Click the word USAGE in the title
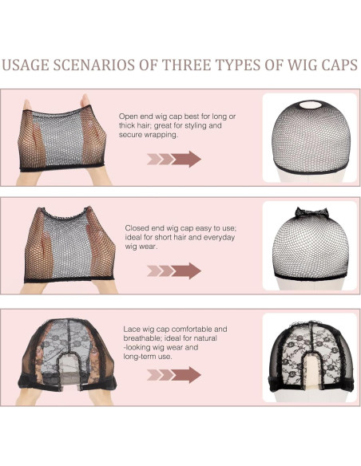click(26, 65)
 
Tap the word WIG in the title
click(303, 65)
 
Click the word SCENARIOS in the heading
click(94, 65)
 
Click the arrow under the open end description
click(174, 160)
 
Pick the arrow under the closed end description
click(174, 271)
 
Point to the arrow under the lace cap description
click(174, 375)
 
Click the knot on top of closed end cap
click(311, 212)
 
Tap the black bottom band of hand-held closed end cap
click(69, 279)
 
